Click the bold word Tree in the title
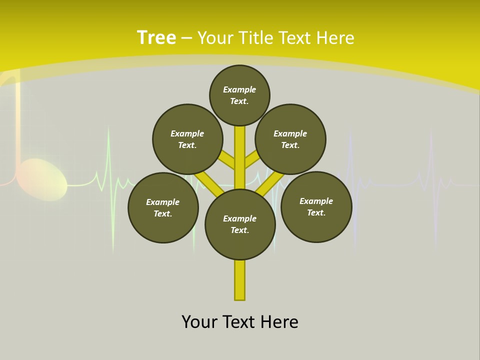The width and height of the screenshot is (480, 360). click(156, 38)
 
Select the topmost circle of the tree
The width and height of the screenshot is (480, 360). click(239, 95)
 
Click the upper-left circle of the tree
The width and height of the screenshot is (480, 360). click(187, 139)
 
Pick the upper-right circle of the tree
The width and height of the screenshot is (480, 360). click(290, 139)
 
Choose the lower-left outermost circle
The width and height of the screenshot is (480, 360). click(163, 207)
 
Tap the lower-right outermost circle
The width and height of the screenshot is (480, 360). click(316, 207)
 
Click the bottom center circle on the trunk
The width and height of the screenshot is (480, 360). click(240, 224)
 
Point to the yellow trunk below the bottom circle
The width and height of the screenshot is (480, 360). click(240, 280)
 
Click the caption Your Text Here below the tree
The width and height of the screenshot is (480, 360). click(240, 321)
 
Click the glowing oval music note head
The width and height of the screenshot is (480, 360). click(43, 179)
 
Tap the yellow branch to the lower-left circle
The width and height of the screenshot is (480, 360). click(209, 183)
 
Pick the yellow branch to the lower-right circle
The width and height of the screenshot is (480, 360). click(270, 183)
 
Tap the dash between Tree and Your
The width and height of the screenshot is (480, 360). click(186, 38)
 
